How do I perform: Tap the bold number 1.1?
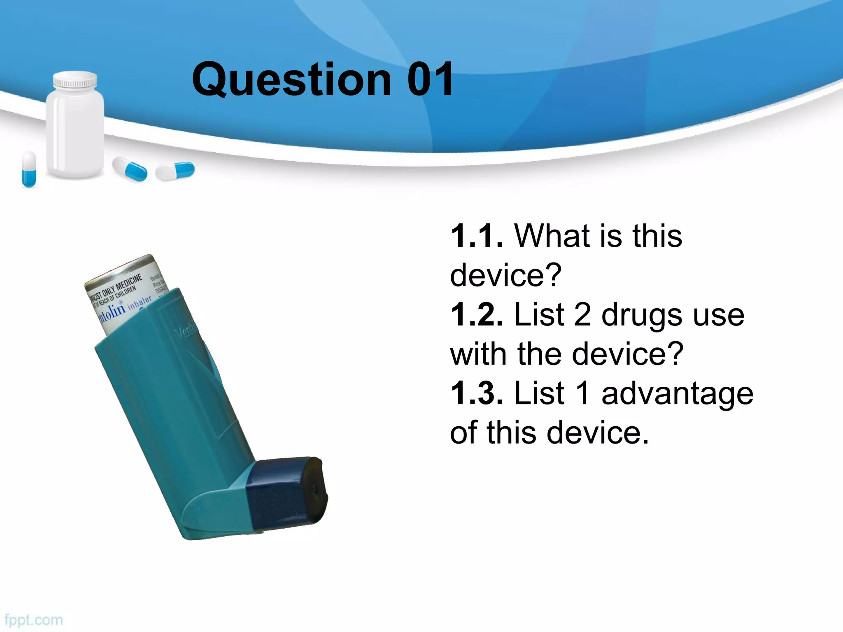(477, 236)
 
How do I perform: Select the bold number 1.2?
(477, 315)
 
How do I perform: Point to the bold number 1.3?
(477, 393)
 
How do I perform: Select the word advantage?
(677, 394)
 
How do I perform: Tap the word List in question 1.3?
(539, 393)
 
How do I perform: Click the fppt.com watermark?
(34, 620)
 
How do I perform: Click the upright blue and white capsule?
(29, 169)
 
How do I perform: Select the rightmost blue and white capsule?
(175, 171)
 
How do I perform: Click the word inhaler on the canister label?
(140, 303)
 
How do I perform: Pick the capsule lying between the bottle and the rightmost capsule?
(130, 169)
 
